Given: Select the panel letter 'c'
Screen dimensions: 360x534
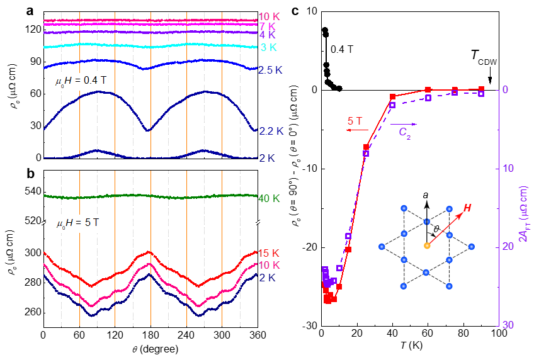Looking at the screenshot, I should pos(295,10).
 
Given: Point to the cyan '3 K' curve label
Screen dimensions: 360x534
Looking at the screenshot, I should pos(268,48).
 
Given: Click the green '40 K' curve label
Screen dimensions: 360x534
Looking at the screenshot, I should pos(269,199).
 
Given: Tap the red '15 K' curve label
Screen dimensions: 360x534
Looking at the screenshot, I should pos(269,253).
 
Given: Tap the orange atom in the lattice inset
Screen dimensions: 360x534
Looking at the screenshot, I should pos(426,245).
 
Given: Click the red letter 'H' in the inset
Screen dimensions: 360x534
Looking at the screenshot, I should pos(467,209).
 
